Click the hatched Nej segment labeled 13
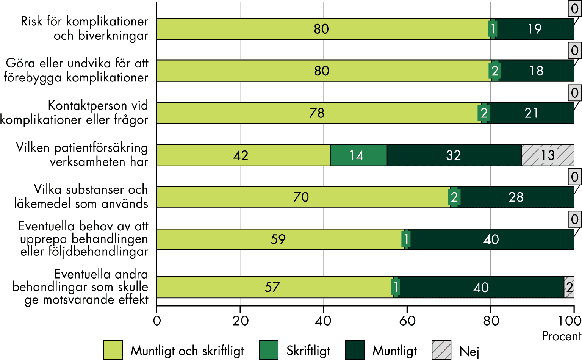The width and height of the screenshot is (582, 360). click(x=548, y=155)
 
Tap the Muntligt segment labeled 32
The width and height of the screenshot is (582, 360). click(x=454, y=155)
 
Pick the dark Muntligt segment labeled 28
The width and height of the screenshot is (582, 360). click(x=516, y=197)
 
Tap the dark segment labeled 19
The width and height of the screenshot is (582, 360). click(x=535, y=29)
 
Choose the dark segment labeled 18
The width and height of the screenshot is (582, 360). click(x=537, y=71)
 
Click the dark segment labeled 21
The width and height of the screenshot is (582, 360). click(x=531, y=113)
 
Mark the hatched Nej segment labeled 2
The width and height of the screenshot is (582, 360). click(x=569, y=287)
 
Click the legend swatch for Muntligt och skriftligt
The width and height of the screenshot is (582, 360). click(x=113, y=350)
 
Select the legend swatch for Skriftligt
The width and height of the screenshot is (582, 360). click(x=269, y=350)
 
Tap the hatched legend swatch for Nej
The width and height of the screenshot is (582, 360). click(x=441, y=350)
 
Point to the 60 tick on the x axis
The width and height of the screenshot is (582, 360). click(x=407, y=321)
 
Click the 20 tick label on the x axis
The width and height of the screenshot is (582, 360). click(x=240, y=321)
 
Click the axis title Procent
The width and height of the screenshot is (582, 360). click(x=561, y=336)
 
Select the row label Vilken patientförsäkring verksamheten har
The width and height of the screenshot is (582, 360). click(x=82, y=155)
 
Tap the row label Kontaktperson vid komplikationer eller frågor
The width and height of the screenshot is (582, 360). click(x=74, y=113)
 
